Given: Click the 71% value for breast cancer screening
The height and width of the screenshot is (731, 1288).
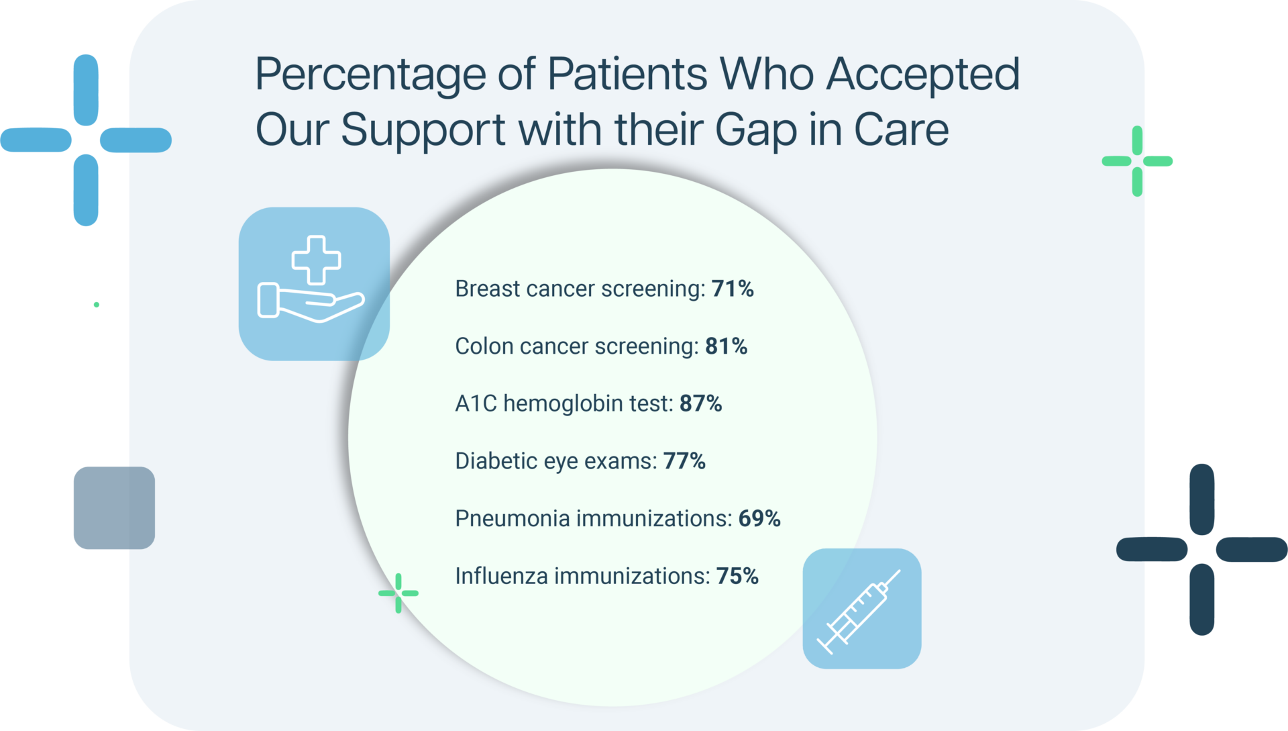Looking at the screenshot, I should click(x=733, y=289).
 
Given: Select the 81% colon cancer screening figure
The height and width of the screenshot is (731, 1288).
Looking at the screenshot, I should click(x=726, y=346).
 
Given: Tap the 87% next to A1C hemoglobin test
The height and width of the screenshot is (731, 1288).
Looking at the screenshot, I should click(x=700, y=403).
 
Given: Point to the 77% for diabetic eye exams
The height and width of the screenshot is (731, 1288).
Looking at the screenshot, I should click(x=684, y=461).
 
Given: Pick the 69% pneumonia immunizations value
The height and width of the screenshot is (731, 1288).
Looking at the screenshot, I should click(x=759, y=519).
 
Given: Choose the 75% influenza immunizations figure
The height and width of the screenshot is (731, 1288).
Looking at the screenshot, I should click(x=737, y=576).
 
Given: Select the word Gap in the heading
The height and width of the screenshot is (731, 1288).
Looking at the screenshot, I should click(x=756, y=130).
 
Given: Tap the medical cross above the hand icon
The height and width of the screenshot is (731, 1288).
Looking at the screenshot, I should click(x=316, y=260).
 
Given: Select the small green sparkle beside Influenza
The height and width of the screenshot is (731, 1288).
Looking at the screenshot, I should click(x=398, y=593).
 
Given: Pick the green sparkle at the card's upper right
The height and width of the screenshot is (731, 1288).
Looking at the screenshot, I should click(x=1137, y=161).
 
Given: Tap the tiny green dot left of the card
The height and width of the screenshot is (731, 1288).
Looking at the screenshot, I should click(x=97, y=305).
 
